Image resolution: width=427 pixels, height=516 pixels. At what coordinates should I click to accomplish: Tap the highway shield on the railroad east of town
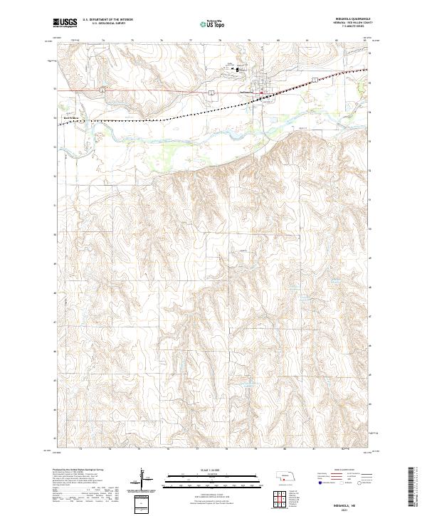coord(314,80)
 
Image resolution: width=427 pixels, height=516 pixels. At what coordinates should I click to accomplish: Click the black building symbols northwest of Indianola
coord(239,70)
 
